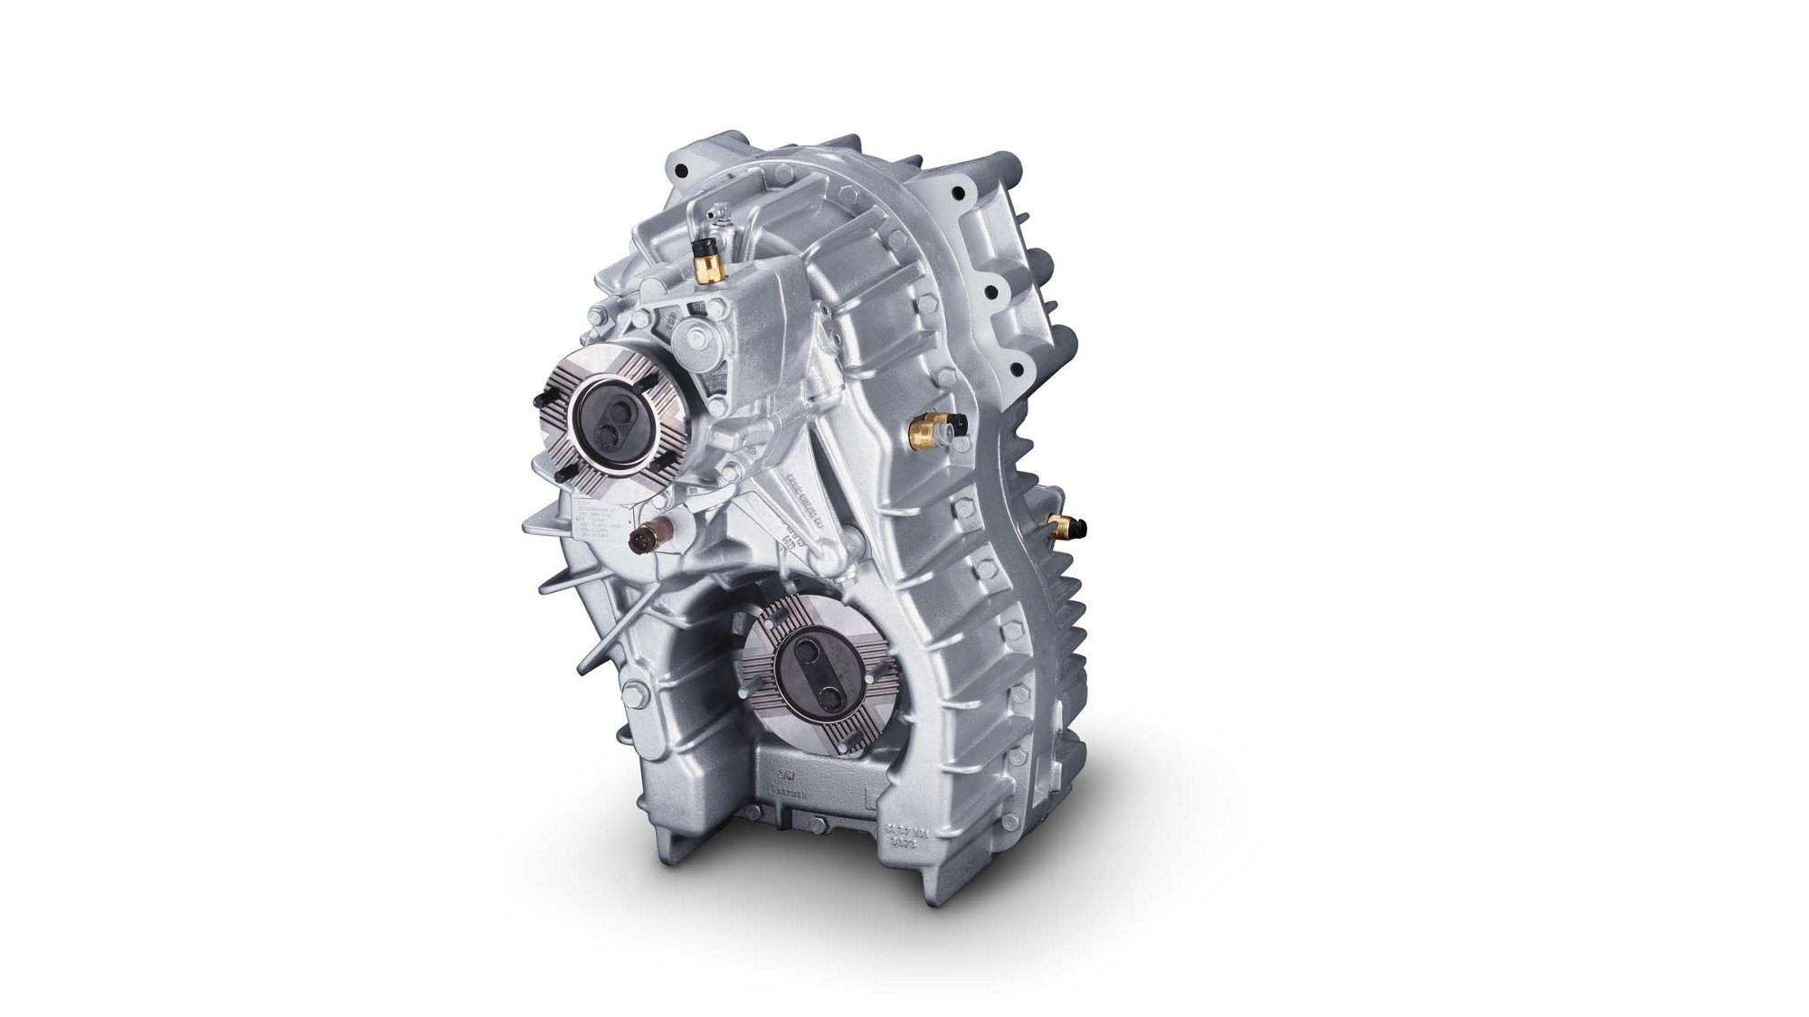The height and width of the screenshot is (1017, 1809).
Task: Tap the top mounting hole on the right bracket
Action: point(959,193)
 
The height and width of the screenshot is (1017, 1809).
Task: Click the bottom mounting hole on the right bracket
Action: point(1018,368)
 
